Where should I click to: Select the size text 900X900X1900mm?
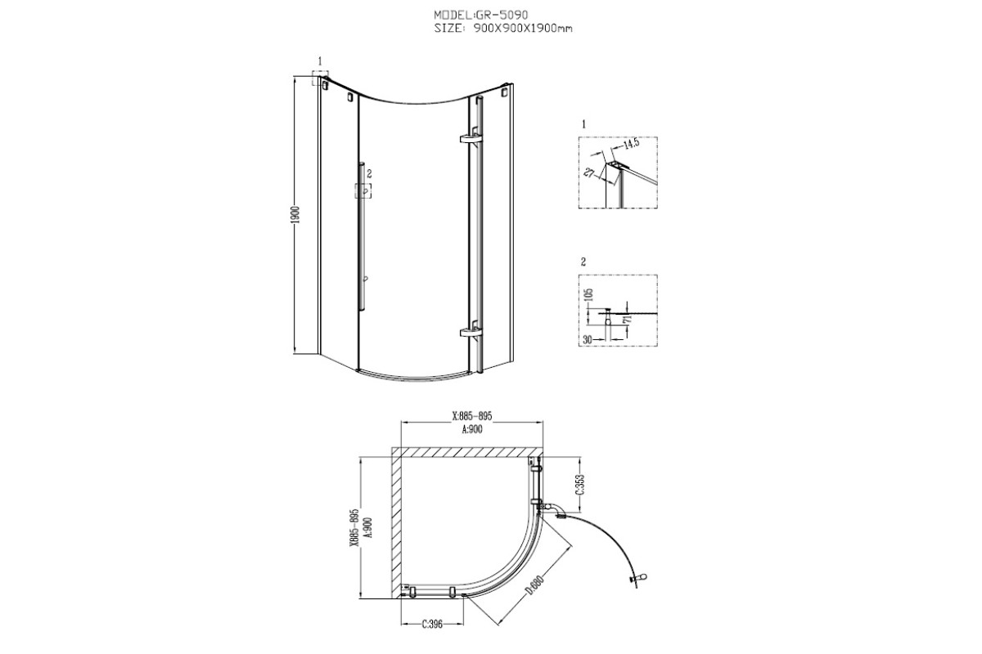(522, 29)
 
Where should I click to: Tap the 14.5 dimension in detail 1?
(631, 144)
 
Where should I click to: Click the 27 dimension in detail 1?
(588, 172)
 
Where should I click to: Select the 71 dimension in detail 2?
(628, 318)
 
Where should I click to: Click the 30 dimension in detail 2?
(587, 339)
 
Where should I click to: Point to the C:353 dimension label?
(580, 485)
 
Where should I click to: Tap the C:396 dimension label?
(432, 625)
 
